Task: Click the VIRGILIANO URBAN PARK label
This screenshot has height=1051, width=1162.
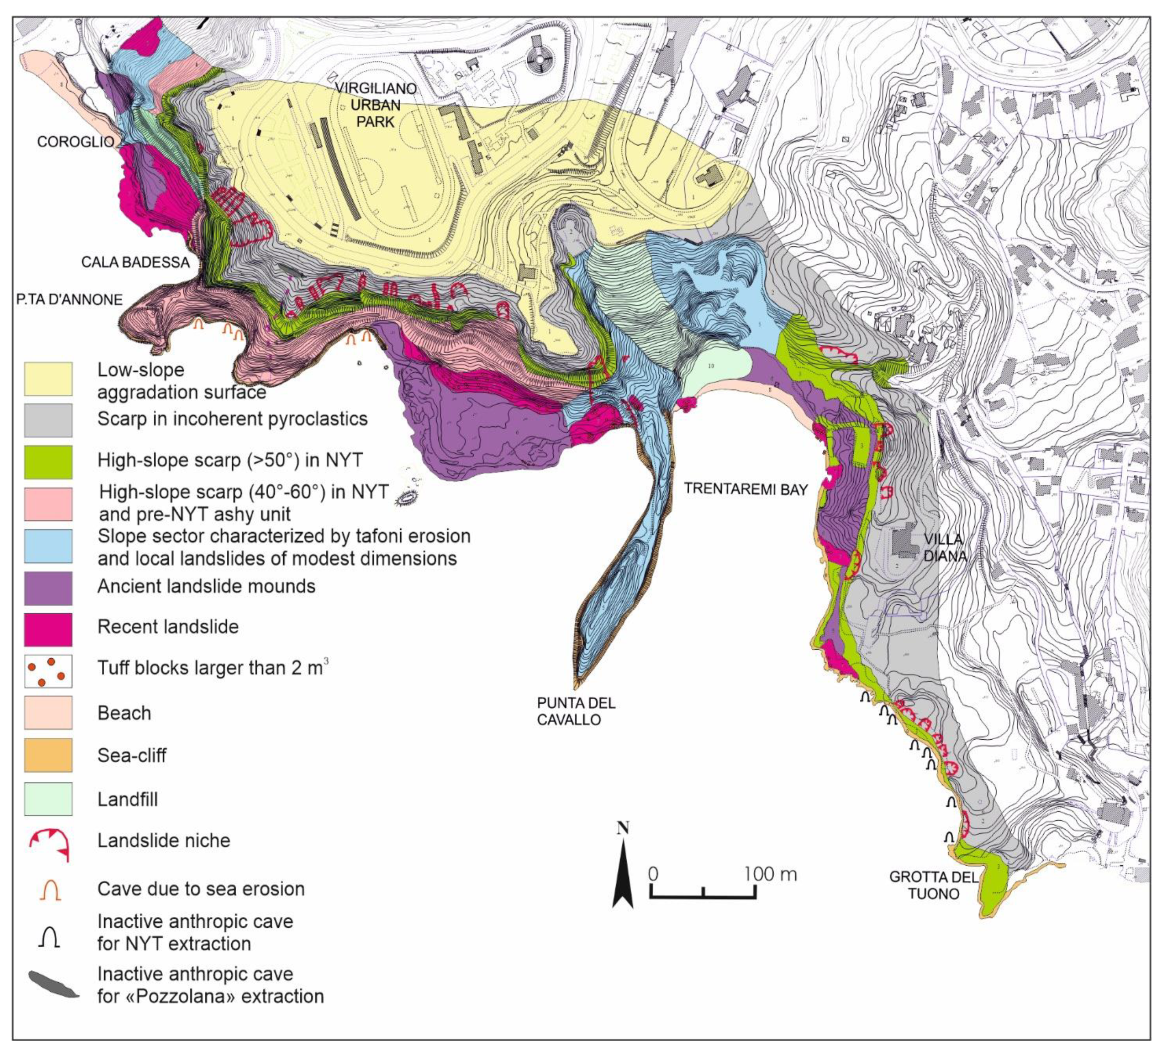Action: (x=375, y=105)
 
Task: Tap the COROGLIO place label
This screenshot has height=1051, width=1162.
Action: (x=75, y=142)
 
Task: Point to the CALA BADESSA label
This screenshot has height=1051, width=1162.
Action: (x=135, y=262)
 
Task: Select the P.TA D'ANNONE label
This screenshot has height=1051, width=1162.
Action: (x=69, y=299)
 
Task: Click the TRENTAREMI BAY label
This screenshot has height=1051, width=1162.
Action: (x=746, y=489)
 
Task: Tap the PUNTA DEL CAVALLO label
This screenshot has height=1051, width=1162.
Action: (x=576, y=711)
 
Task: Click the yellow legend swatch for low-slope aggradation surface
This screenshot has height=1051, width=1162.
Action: (x=48, y=379)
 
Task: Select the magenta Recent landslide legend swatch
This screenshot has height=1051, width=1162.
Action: (x=48, y=629)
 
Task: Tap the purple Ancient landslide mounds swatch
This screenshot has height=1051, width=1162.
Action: (x=48, y=588)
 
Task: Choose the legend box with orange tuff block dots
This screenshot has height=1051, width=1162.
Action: (x=48, y=671)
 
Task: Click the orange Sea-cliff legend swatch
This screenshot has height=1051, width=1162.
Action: (x=48, y=755)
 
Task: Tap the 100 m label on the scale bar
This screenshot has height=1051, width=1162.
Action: (x=770, y=874)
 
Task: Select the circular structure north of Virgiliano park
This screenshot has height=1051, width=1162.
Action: (x=540, y=58)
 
